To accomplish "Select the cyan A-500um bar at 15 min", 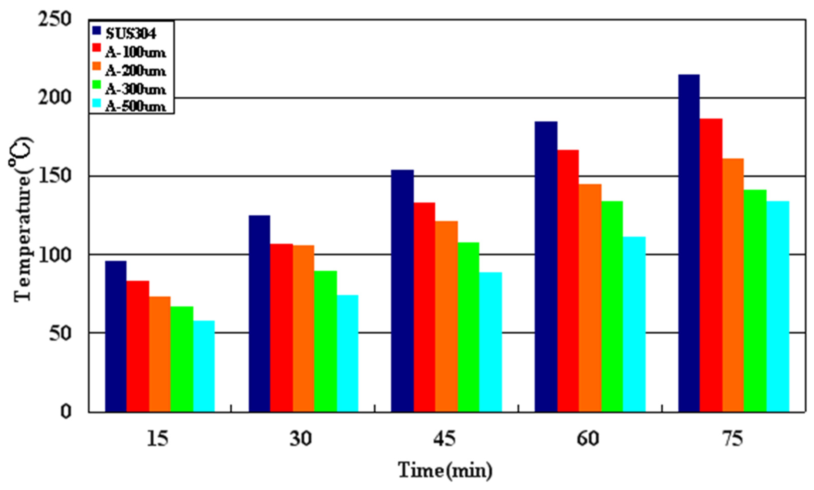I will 204,366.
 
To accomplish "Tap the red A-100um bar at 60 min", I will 568,281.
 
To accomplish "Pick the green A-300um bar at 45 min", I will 468,327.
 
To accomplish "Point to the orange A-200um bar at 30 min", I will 303,328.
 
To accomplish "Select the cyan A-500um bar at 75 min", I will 778,307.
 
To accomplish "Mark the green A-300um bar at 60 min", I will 612,307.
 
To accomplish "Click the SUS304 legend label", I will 131,34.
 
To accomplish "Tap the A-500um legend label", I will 135,107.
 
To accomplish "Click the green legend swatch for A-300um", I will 97,85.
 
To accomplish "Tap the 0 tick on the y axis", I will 65,412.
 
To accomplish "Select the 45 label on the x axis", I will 444,439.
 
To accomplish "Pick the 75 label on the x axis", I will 732,439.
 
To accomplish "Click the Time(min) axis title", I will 445,470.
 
